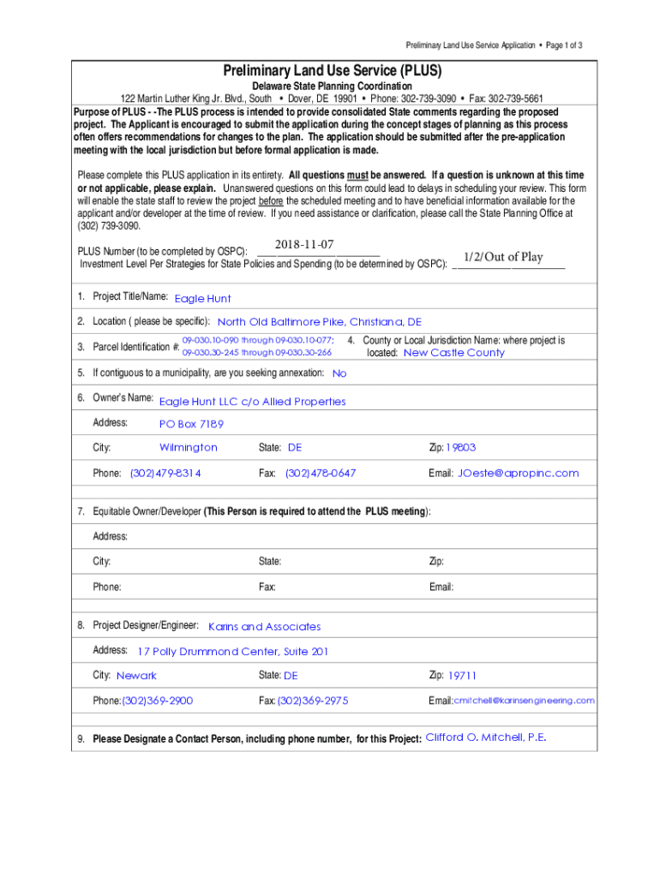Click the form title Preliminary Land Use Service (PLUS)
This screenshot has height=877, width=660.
click(x=331, y=70)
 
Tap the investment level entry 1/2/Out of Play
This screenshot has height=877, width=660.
click(x=503, y=257)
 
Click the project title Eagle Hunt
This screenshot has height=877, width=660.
click(x=202, y=299)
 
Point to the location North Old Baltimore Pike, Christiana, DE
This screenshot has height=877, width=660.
click(x=319, y=322)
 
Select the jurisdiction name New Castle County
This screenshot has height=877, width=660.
click(x=453, y=353)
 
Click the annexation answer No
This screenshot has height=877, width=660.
click(x=339, y=373)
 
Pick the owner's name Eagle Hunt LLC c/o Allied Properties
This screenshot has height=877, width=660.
click(x=252, y=402)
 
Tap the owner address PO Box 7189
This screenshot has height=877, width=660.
click(x=191, y=424)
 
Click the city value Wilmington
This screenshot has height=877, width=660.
click(x=189, y=448)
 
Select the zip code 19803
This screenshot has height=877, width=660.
click(x=461, y=448)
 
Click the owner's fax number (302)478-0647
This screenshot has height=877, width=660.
click(x=321, y=473)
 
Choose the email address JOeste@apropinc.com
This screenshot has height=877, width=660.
click(x=518, y=473)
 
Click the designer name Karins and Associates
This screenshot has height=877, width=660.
click(x=264, y=627)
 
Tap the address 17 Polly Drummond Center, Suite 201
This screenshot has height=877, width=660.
click(x=232, y=652)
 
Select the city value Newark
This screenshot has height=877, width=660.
click(x=136, y=676)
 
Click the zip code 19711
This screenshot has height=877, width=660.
click(x=462, y=676)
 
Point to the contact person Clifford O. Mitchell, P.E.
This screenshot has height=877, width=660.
click(x=486, y=737)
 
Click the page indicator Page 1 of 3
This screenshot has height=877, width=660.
click(x=562, y=45)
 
